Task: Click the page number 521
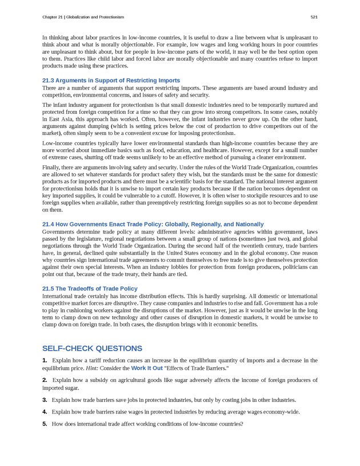[x=314, y=17]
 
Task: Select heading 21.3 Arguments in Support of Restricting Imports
[x=111, y=81]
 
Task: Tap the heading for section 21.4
[x=153, y=224]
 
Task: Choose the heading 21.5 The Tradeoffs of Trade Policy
[x=90, y=288]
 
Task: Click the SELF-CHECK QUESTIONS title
[x=92, y=348]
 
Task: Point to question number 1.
[x=45, y=360]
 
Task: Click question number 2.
[x=45, y=380]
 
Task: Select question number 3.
[x=45, y=399]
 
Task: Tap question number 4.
[x=45, y=412]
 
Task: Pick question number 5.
[x=45, y=424]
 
